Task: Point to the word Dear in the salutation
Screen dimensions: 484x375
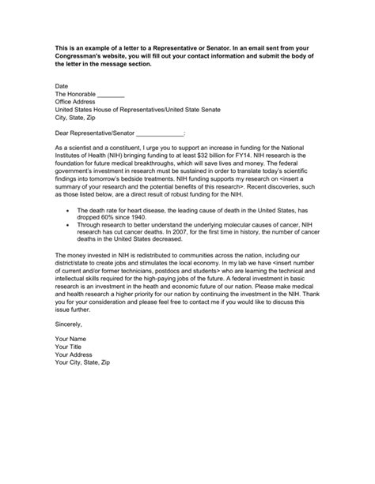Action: point(63,134)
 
